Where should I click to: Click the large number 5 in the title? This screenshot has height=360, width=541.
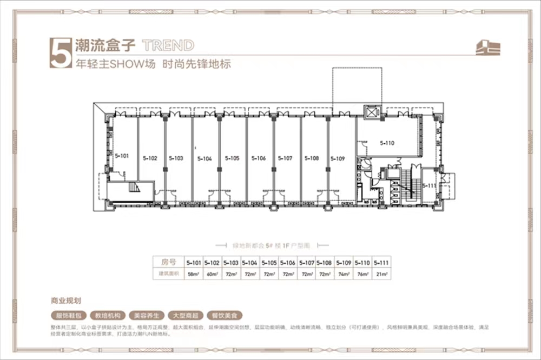tap(60, 53)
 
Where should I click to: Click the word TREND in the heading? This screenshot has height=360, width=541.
tap(167, 45)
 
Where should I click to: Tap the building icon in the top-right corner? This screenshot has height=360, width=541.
tap(487, 48)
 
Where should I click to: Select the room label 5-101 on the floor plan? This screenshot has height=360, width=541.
tap(122, 156)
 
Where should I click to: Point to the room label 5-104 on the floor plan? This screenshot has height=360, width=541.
tap(204, 159)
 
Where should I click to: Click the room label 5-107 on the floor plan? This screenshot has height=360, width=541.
tap(285, 158)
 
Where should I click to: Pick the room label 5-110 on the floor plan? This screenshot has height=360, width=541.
tap(387, 143)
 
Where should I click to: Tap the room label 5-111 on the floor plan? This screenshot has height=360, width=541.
tap(429, 185)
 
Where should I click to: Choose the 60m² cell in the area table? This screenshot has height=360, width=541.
tap(213, 275)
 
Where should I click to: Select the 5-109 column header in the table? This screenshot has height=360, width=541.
tap(342, 263)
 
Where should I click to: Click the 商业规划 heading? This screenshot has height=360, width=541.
tap(65, 299)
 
